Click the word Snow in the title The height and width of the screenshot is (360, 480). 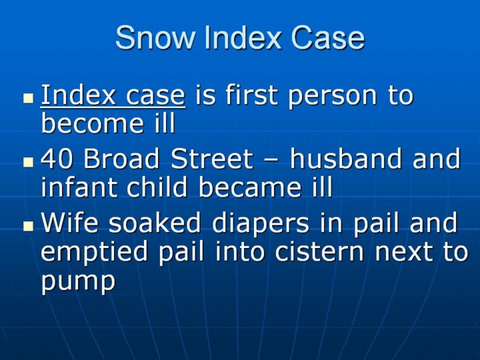click(155, 37)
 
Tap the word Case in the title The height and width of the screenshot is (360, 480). click(327, 37)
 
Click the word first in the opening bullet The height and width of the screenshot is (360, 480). click(251, 94)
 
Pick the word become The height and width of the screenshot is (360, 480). click(92, 123)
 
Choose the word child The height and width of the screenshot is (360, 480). click(157, 187)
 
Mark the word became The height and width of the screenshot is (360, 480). click(249, 187)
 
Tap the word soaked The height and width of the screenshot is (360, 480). click(155, 222)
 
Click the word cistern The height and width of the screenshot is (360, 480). click(319, 251)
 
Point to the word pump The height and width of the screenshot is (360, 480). click(78, 281)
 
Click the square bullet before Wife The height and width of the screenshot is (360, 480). click(29, 226)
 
